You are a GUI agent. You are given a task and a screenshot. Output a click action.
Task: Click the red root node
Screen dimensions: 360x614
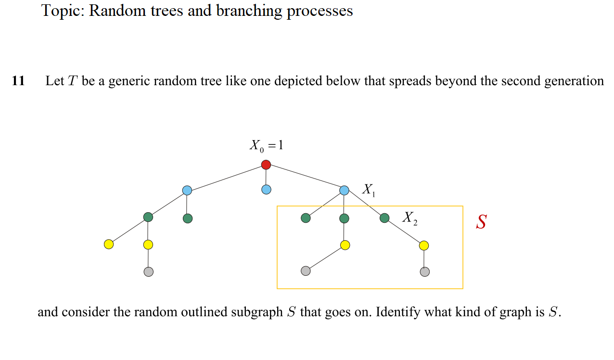[x=266, y=165]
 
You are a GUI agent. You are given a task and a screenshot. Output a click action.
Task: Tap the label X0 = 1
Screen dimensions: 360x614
[x=266, y=145]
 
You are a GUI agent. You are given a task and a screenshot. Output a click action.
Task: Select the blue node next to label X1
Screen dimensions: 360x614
[x=344, y=190]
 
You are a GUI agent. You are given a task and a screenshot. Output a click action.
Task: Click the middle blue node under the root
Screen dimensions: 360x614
[x=266, y=190]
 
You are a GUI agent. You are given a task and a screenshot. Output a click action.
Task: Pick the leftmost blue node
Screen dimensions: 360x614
[x=187, y=191]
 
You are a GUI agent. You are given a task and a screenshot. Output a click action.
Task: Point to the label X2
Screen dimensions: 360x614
[x=409, y=218]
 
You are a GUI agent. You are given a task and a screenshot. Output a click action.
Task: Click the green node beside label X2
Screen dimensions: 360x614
[x=384, y=219]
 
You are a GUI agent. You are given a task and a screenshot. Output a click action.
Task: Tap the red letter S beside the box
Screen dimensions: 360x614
[x=481, y=222]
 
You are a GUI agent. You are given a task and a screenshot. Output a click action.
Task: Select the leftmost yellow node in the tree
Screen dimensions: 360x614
[x=109, y=244]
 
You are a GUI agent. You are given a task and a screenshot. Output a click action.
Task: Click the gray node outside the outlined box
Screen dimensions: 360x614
[x=148, y=272]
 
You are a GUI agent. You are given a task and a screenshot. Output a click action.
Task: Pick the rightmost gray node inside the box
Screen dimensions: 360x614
[x=424, y=272]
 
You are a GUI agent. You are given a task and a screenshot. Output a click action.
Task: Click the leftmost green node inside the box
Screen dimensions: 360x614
[x=306, y=219]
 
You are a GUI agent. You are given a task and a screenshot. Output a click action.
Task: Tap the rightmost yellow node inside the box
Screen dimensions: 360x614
[x=423, y=246]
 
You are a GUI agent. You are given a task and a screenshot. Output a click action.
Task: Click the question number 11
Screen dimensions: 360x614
[x=18, y=81]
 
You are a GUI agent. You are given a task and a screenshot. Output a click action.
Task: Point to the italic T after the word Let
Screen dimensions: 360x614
[x=73, y=81]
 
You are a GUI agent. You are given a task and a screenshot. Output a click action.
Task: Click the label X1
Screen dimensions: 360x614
[x=369, y=191]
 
